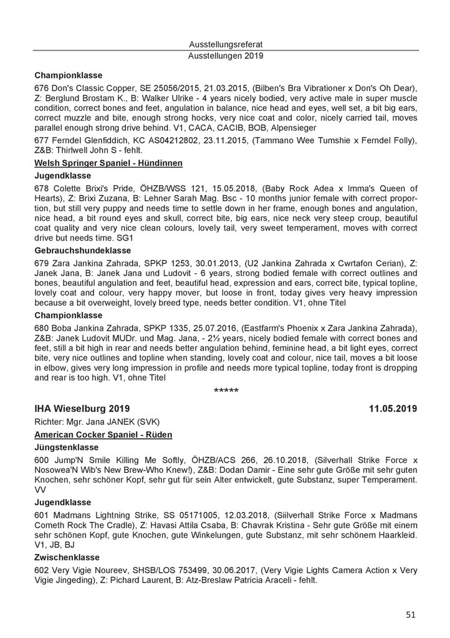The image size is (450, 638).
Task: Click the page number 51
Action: (x=410, y=614)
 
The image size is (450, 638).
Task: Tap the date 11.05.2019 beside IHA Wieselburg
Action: (x=392, y=409)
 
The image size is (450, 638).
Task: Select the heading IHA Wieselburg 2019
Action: (x=82, y=409)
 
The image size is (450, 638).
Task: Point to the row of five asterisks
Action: (x=225, y=392)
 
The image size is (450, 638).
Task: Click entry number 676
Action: (x=42, y=88)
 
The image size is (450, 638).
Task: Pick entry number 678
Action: (x=42, y=188)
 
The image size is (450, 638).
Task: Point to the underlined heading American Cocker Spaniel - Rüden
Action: (x=103, y=433)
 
